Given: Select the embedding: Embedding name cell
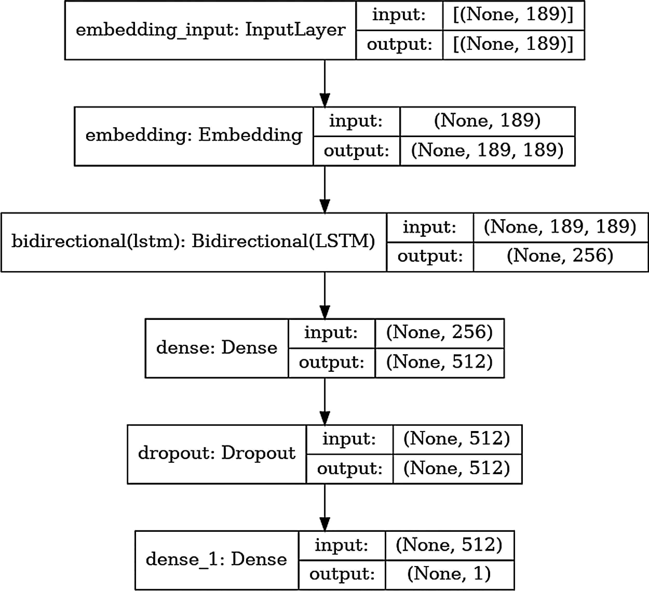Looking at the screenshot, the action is click(x=194, y=136).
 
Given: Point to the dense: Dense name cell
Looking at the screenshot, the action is click(x=217, y=348).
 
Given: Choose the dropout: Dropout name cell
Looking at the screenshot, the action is click(x=217, y=454).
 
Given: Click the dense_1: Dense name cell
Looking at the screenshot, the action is click(x=217, y=560).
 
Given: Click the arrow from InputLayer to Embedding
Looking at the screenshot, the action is click(x=324, y=83).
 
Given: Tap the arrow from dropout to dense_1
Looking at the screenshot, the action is click(x=324, y=507).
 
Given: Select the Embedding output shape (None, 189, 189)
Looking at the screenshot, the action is click(x=487, y=150).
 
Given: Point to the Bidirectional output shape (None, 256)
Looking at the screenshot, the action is click(x=560, y=256).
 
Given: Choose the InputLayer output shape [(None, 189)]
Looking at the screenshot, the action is click(x=513, y=44).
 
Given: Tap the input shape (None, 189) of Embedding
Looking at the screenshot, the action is click(x=487, y=121).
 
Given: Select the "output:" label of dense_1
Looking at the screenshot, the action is click(x=342, y=574).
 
